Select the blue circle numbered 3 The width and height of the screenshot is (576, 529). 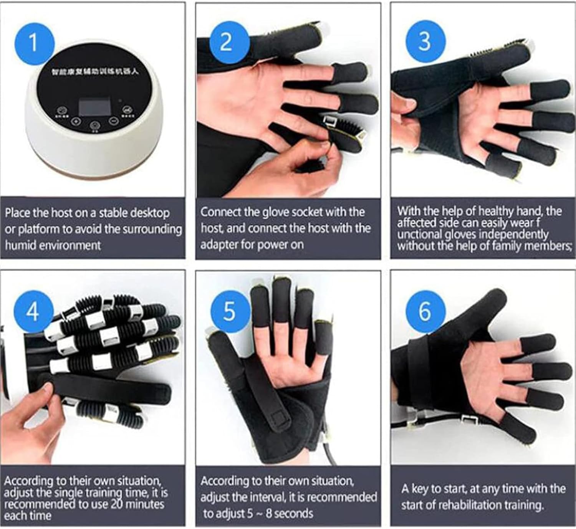tap(425, 41)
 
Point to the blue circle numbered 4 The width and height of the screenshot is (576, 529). tap(33, 311)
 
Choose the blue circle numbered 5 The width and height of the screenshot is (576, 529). tap(229, 311)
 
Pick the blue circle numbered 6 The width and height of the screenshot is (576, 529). tap(425, 311)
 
